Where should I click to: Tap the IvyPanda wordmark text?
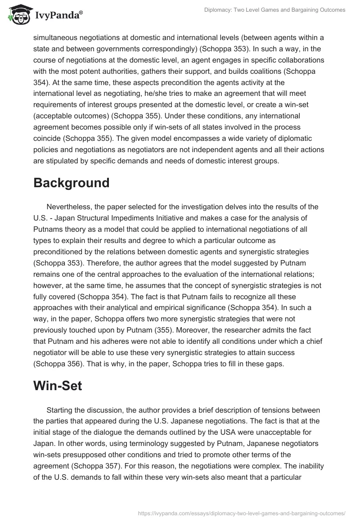pos(58,16)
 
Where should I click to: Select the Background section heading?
pos(71,183)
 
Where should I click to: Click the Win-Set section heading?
pos(58,386)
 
